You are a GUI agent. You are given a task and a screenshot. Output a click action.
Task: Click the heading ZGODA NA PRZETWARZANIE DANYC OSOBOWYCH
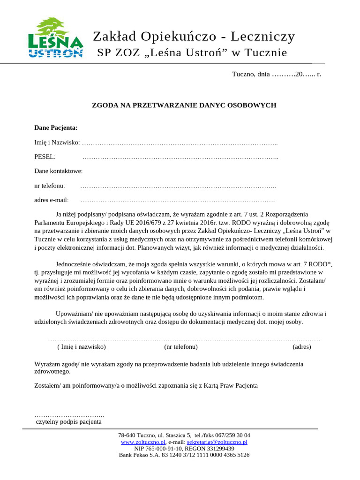click(x=184, y=105)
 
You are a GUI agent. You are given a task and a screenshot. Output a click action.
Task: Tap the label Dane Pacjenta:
click(x=56, y=127)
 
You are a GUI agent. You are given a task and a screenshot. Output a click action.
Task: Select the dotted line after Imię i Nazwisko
click(x=180, y=142)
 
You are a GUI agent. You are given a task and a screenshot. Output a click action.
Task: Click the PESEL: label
click(x=45, y=157)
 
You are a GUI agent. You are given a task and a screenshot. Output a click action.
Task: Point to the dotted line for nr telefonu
click(x=178, y=186)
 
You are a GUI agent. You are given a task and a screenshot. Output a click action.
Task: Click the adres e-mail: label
click(x=52, y=200)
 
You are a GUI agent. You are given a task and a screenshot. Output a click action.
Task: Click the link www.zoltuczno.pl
click(x=143, y=442)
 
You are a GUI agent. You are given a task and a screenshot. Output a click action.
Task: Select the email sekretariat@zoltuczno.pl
click(x=217, y=442)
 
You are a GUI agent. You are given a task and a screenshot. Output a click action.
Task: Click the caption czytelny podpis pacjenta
click(x=69, y=422)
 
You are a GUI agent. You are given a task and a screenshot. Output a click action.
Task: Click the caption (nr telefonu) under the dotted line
click(x=181, y=347)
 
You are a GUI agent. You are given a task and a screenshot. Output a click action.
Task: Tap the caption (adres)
click(x=301, y=347)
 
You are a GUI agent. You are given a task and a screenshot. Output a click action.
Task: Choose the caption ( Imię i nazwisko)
click(x=82, y=347)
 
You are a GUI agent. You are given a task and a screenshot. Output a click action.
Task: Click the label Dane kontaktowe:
click(x=59, y=171)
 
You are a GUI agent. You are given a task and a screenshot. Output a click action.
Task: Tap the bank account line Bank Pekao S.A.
click(x=184, y=455)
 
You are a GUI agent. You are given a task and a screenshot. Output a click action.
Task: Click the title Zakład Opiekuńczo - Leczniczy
click(x=194, y=36)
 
